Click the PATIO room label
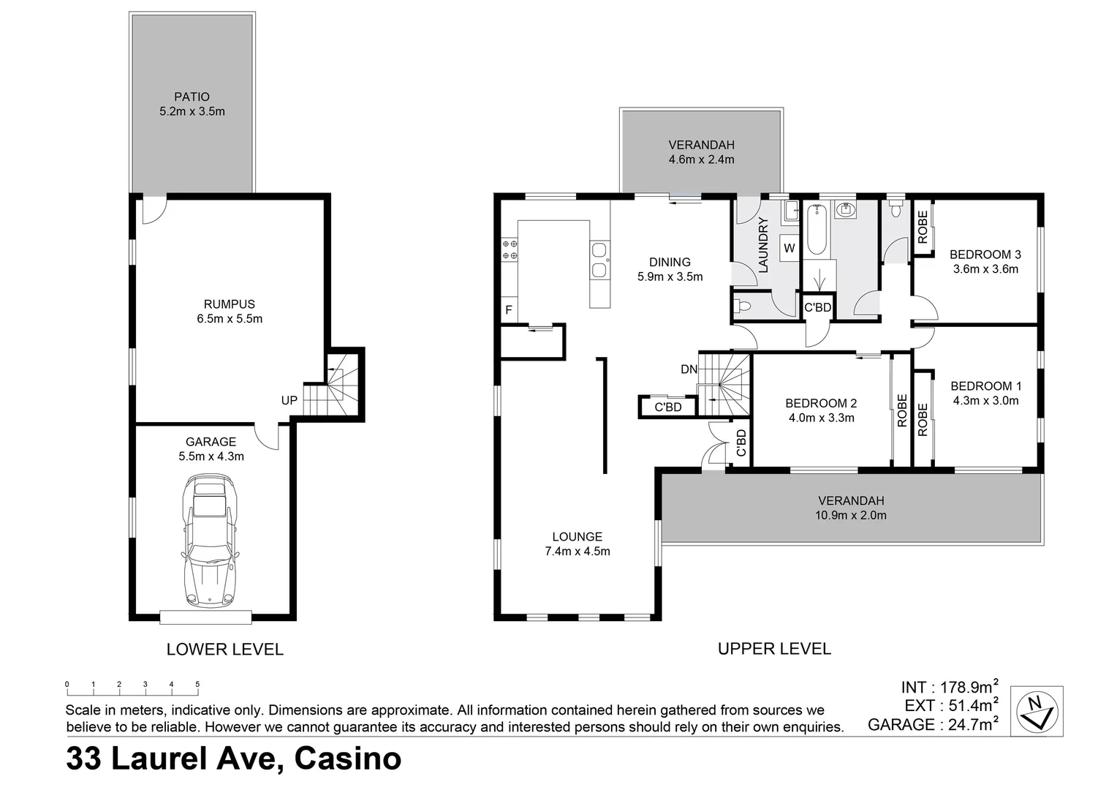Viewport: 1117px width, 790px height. (x=192, y=97)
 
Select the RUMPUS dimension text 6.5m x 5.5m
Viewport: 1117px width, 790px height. (x=230, y=319)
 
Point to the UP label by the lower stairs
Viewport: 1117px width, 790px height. (x=289, y=400)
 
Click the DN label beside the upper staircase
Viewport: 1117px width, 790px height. (x=689, y=369)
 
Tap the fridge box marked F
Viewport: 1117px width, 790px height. (x=509, y=310)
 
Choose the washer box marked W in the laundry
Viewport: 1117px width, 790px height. (x=790, y=248)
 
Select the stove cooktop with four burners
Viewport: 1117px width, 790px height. (x=510, y=249)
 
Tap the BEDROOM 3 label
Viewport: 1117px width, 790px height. (x=985, y=255)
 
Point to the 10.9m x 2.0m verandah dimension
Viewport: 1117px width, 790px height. (x=851, y=515)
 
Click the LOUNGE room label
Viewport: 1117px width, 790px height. (x=577, y=536)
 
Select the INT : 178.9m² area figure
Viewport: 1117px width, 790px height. (x=949, y=688)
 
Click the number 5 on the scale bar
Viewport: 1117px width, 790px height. (x=197, y=685)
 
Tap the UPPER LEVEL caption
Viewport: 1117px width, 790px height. (x=774, y=648)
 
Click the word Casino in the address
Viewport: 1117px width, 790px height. (x=347, y=758)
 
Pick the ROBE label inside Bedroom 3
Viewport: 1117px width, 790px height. (x=923, y=227)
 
